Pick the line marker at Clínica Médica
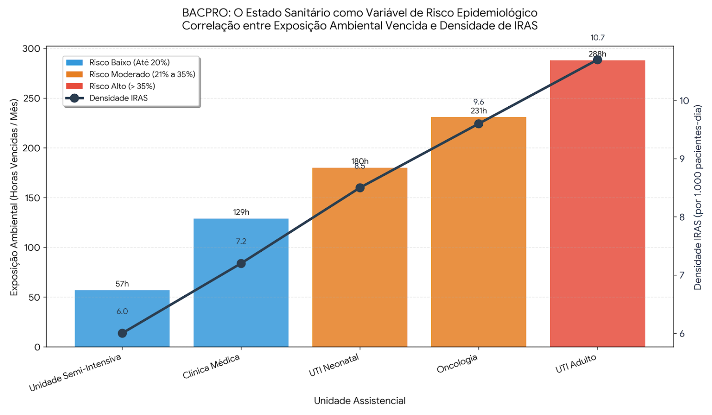241,264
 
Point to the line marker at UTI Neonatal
360,188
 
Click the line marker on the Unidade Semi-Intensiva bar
122,333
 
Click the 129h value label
241,212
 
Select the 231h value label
478,111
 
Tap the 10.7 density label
597,38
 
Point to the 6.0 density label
122,312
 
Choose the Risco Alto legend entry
122,86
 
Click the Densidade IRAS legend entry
118,98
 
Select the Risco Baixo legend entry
129,62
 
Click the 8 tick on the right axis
682,217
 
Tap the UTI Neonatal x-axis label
334,365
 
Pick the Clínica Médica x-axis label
211,367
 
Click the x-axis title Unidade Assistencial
359,401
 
